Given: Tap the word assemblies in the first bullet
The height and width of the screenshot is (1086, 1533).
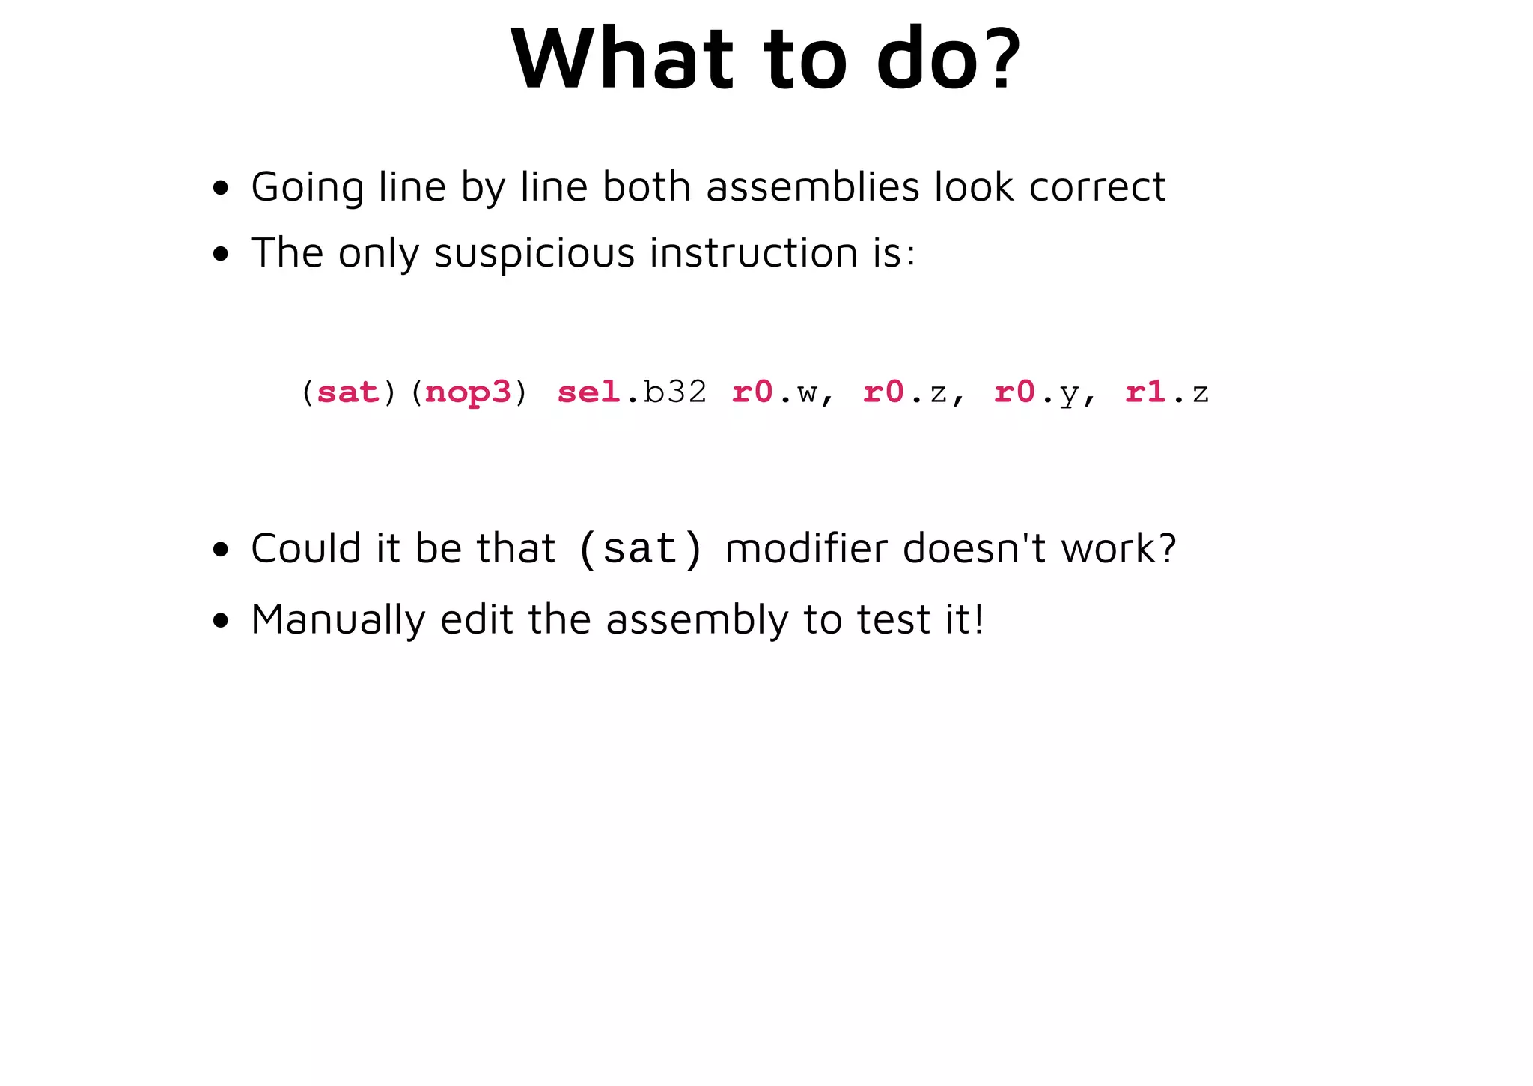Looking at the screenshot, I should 812,186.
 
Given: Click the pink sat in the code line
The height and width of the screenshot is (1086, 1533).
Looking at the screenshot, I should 348,392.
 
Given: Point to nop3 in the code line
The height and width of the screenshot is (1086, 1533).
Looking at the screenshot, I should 468,392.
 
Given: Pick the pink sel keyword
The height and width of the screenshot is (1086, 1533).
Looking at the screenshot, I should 588,392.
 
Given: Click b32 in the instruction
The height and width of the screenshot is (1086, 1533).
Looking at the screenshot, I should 674,392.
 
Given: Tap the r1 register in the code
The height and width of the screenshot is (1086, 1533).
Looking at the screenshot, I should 1145,392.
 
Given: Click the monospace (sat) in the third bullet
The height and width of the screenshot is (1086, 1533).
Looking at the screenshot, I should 641,549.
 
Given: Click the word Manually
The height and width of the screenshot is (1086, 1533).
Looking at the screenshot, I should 338,620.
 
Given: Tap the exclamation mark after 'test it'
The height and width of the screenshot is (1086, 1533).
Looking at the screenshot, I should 978,619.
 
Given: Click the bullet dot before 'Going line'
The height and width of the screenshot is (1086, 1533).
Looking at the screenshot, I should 220,188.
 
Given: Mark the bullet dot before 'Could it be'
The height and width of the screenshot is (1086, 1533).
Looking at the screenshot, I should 220,550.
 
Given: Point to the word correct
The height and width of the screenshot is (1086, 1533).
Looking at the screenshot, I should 1097,187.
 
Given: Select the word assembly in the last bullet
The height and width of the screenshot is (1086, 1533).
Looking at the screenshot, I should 697,620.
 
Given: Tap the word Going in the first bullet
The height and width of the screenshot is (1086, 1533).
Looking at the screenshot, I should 307,187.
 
